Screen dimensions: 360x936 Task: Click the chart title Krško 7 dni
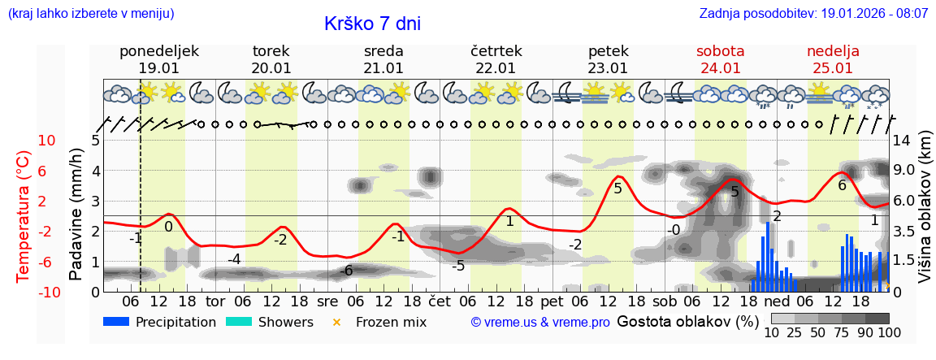coord(372,24)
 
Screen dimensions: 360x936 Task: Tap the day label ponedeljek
coord(158,51)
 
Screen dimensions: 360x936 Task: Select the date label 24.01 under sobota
coord(720,68)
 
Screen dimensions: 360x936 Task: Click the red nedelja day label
coord(833,51)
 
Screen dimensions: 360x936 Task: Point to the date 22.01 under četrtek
coord(496,68)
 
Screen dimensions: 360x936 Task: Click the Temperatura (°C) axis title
coord(24,216)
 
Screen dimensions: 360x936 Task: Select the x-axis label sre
coord(327,301)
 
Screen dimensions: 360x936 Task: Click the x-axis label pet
coord(552,301)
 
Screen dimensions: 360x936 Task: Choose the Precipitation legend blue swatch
coord(116,322)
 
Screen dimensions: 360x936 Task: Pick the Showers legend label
coord(285,322)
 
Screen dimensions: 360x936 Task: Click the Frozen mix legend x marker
coord(336,322)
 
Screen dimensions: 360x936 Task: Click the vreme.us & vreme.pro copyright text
coord(540,323)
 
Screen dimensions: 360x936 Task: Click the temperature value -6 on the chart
coord(346,271)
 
